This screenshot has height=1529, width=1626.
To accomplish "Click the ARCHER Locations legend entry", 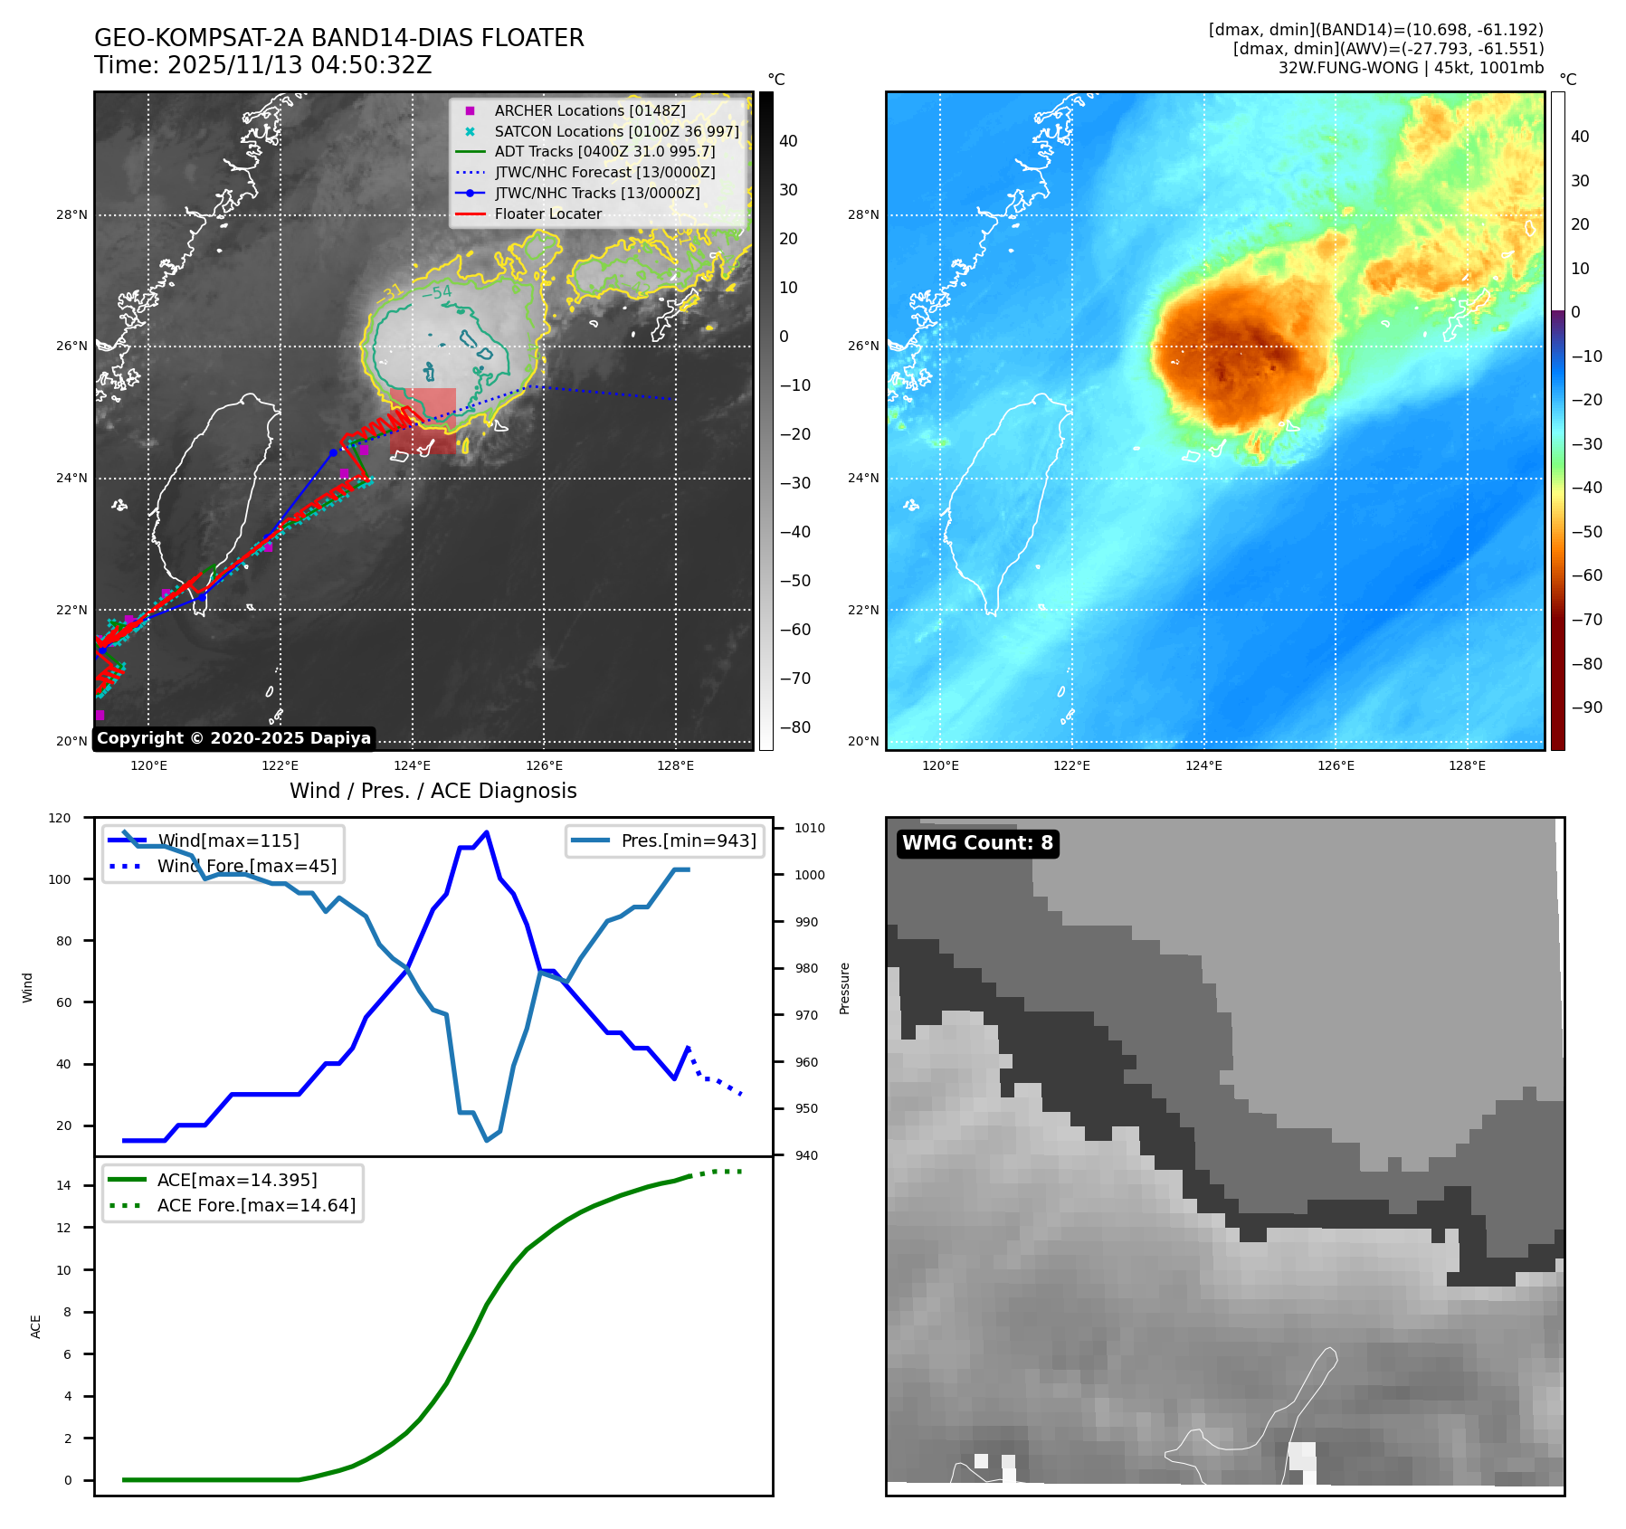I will [x=589, y=110].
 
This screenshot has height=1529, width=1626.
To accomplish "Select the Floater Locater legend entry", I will [x=547, y=214].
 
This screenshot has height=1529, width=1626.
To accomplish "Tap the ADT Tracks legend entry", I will [x=604, y=151].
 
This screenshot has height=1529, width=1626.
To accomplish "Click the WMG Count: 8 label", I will [x=977, y=843].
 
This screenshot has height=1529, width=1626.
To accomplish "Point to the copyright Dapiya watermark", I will [x=233, y=738].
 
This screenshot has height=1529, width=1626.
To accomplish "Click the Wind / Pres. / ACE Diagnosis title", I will [x=433, y=791].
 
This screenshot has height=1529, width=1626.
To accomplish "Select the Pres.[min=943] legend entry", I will [x=688, y=840].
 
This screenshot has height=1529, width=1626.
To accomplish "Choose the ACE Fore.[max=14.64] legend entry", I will [x=256, y=1205].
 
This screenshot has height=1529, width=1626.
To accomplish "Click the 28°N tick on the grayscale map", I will [x=71, y=215].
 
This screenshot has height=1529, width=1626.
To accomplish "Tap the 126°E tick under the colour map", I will [x=1336, y=765].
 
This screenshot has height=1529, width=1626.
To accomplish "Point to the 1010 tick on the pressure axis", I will [x=810, y=828].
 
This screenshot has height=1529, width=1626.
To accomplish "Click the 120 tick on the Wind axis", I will [x=60, y=818].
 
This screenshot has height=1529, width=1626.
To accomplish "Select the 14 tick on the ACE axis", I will [x=63, y=1185].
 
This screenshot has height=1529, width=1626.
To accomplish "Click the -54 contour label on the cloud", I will [x=437, y=292].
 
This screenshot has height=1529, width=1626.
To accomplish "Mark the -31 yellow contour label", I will [x=390, y=292].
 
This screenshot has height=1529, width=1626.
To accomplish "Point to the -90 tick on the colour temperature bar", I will [x=1586, y=708].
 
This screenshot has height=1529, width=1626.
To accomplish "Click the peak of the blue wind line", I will [x=487, y=831].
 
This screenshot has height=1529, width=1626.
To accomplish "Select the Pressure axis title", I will [x=844, y=988].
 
